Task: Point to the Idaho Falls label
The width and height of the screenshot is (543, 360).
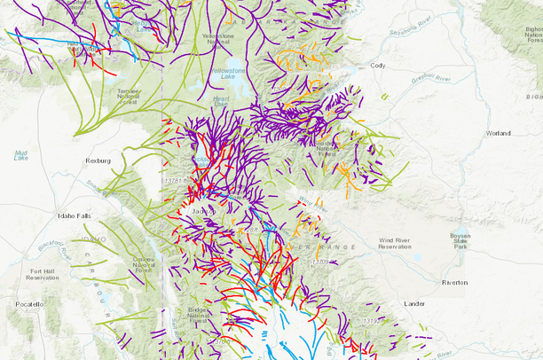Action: pos(74,215)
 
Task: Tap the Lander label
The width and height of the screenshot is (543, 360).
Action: pos(413,303)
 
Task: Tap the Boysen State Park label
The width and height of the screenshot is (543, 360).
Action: pos(460,241)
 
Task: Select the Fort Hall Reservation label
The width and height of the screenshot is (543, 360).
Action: pos(43,275)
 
